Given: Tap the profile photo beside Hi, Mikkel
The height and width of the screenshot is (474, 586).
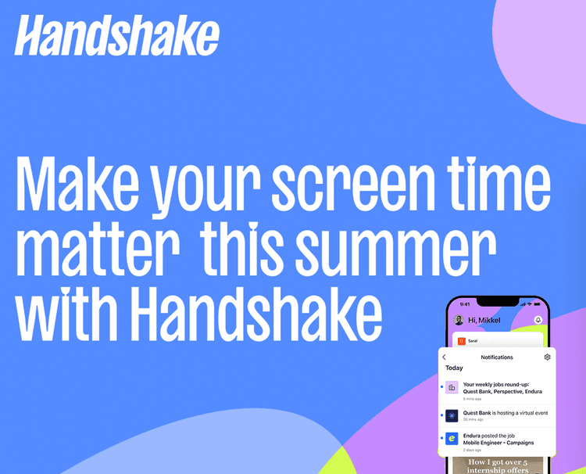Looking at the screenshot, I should click(459, 320).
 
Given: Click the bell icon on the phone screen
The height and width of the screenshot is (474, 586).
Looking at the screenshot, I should click(538, 320).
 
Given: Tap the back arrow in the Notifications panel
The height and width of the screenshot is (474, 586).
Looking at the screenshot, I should click(445, 357).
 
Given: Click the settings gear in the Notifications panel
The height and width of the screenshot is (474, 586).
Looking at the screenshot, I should click(547, 357).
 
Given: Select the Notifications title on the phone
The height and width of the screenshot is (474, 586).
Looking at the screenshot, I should click(497, 357).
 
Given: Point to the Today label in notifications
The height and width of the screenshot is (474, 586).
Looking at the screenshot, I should click(454, 368).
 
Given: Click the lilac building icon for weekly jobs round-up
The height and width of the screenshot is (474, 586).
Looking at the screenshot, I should click(452, 386).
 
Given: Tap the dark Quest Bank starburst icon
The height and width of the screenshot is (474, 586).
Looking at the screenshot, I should click(452, 415).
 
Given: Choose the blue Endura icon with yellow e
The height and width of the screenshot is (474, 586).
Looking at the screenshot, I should click(452, 440).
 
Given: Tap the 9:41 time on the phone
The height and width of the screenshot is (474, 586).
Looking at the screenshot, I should click(465, 303).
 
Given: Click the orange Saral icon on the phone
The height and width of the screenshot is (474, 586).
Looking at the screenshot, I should click(462, 341).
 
